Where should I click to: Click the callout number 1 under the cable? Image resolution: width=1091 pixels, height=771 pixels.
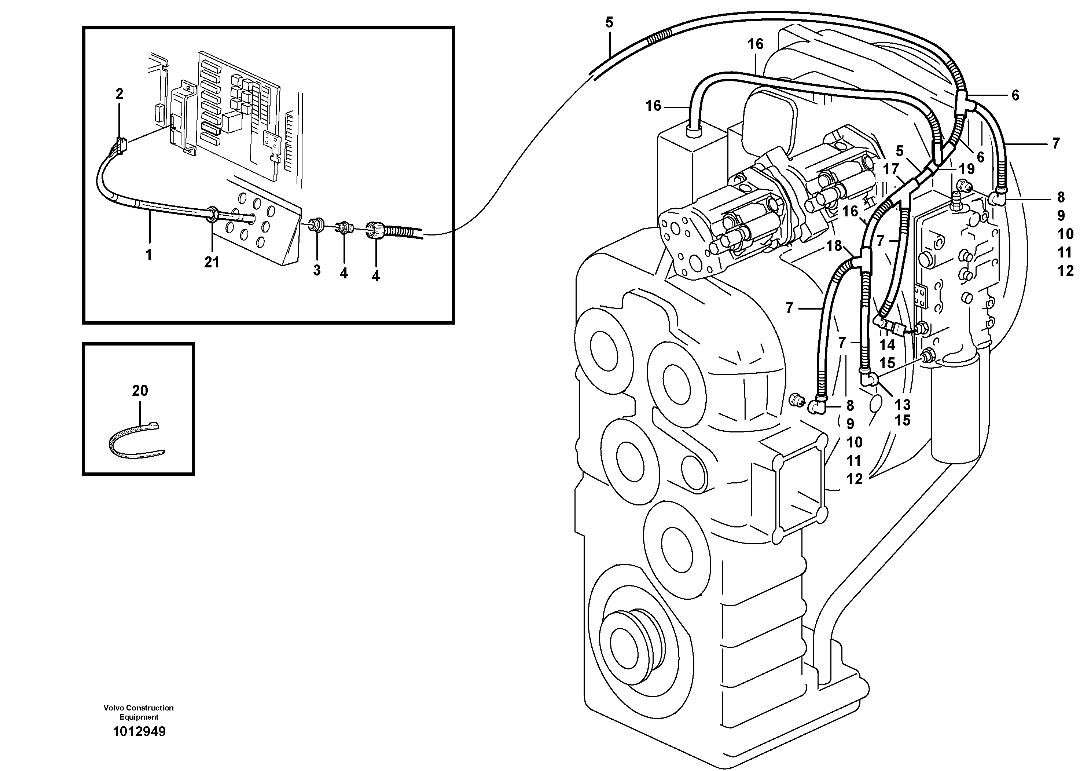(x=149, y=255)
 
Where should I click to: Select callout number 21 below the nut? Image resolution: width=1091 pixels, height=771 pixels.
(x=212, y=262)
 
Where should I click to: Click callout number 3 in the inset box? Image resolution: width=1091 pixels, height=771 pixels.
(x=317, y=270)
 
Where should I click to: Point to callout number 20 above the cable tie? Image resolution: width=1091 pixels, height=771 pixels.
(x=140, y=391)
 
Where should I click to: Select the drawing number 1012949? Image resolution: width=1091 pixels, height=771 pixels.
(x=139, y=731)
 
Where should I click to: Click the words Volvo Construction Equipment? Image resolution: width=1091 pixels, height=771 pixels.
(x=139, y=712)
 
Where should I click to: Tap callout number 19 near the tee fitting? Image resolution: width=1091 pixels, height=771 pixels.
(x=966, y=169)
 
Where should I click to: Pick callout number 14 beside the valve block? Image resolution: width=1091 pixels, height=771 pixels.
(x=887, y=345)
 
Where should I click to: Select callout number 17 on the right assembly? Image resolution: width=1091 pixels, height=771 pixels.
(x=891, y=169)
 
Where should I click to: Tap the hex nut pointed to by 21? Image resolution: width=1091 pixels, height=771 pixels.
(x=212, y=213)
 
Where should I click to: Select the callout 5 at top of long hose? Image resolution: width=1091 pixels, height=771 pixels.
(x=609, y=22)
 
